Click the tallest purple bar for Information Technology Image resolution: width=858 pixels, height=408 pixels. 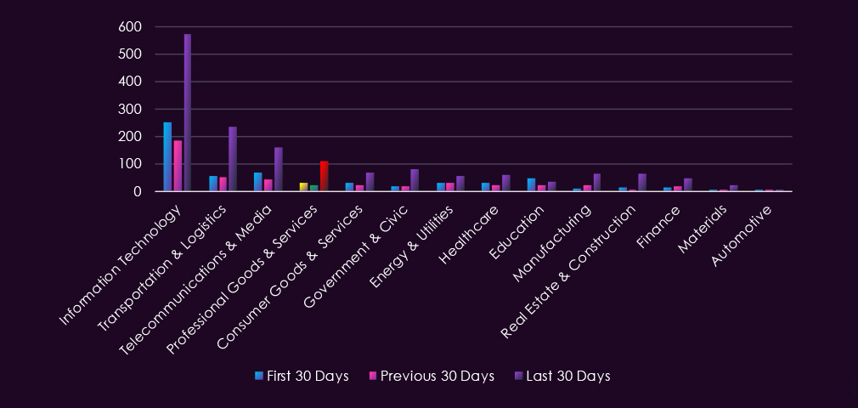[x=187, y=113]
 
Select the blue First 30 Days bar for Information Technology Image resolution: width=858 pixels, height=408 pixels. [x=167, y=156]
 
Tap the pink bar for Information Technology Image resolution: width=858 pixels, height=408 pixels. [x=178, y=166]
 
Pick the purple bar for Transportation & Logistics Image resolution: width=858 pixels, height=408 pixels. [x=233, y=159]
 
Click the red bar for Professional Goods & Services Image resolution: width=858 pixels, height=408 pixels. [x=324, y=176]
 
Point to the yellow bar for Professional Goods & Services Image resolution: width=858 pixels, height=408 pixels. [x=303, y=187]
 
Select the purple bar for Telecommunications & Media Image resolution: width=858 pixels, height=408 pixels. [x=278, y=169]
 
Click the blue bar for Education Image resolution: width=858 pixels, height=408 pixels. [x=531, y=185]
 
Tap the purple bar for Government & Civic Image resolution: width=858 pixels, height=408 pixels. [x=415, y=180]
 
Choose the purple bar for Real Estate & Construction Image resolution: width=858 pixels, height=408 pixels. [x=642, y=183]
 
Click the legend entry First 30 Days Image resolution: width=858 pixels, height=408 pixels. [x=302, y=377]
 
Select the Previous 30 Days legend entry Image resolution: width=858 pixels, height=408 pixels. [x=432, y=377]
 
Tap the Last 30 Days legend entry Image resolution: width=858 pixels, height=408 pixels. [x=562, y=377]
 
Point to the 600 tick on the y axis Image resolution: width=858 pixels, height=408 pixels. [x=130, y=26]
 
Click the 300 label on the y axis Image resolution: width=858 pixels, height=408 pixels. [x=130, y=109]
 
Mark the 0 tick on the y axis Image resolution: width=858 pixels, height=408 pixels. [x=138, y=192]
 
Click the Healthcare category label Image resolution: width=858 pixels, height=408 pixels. [x=469, y=235]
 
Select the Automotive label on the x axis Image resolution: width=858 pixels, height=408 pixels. [x=742, y=236]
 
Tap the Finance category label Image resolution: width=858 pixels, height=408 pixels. [x=658, y=227]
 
